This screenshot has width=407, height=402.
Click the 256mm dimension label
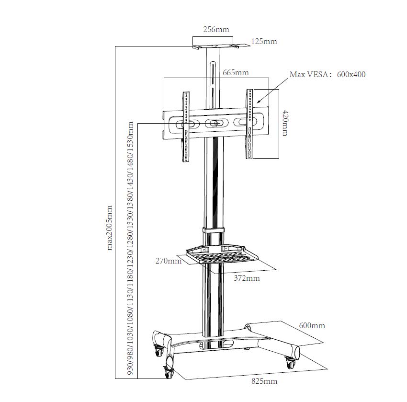[216, 30]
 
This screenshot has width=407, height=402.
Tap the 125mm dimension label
[264, 41]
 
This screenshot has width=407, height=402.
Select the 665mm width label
[236, 73]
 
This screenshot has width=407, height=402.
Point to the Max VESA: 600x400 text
[328, 74]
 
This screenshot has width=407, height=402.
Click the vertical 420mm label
[285, 123]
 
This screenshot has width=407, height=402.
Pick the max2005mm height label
[109, 228]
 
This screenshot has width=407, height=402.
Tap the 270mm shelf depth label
[168, 261]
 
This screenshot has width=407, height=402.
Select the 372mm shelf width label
[247, 278]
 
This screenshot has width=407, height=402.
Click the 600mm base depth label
[312, 326]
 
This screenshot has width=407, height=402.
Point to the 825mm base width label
[264, 381]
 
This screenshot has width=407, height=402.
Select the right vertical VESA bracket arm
[249, 124]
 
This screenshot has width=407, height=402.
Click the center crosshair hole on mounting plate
[215, 124]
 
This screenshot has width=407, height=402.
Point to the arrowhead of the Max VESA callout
[257, 103]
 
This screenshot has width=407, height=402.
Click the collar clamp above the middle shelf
[213, 230]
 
